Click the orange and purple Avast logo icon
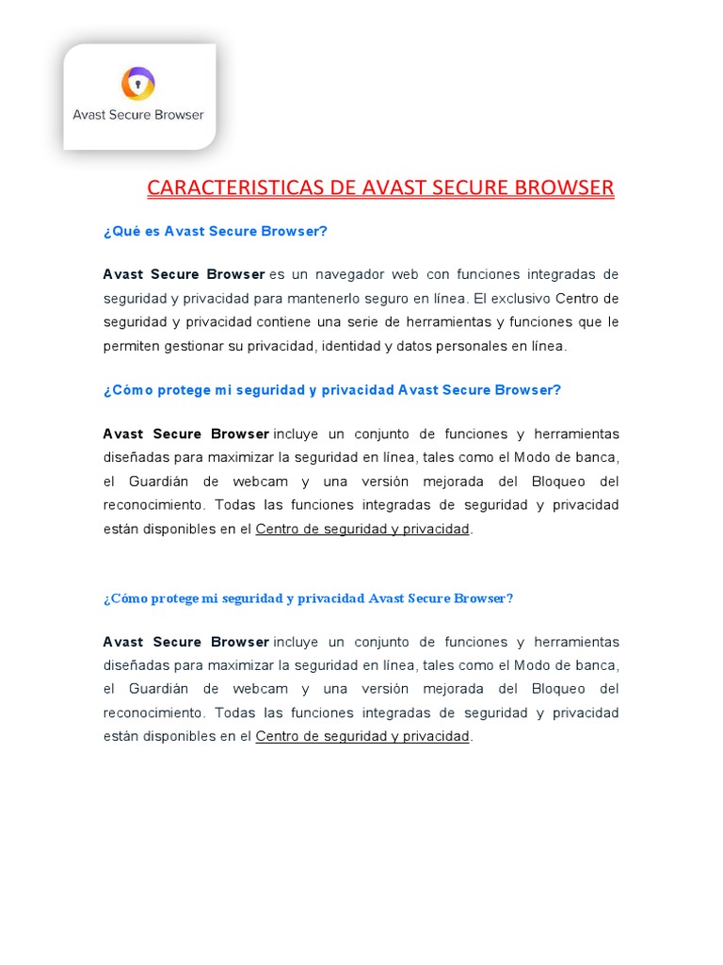pos(137,83)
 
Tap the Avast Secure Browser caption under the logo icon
pos(138,115)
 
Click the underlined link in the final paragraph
pos(362,736)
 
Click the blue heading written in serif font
pos(308,598)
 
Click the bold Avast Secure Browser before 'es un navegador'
pos(185,274)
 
